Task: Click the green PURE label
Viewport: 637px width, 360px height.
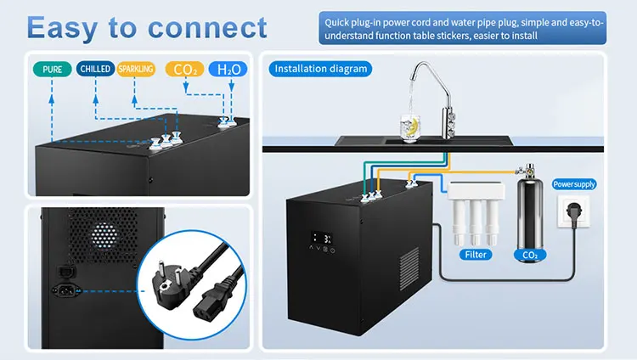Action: pyautogui.click(x=50, y=69)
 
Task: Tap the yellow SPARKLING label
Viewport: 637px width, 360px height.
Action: pyautogui.click(x=137, y=69)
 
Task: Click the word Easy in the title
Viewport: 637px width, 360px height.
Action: pyautogui.click(x=70, y=27)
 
